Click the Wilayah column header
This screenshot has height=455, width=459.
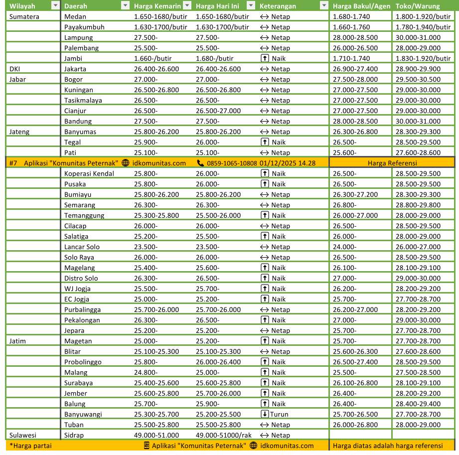[x=22, y=6]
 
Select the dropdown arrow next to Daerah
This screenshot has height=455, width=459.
[x=125, y=6]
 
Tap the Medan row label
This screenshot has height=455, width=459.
[x=75, y=16]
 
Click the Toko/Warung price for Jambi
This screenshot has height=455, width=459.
[x=418, y=58]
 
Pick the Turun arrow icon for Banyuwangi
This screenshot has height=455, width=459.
[x=265, y=414]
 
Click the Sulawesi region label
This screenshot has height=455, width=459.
[x=23, y=435]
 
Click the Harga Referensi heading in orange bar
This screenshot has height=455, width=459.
[x=392, y=163]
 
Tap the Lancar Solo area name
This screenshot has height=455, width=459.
[x=82, y=247]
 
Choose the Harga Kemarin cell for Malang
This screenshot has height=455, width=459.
[x=146, y=372]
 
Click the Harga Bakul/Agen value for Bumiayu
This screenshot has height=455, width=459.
[x=355, y=194]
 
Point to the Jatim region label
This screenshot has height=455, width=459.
[x=18, y=341]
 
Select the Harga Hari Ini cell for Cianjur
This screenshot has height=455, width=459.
[x=218, y=111]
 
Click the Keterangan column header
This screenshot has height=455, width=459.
[x=278, y=6]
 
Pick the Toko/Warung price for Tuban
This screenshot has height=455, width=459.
[x=418, y=425]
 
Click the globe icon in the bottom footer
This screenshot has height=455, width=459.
[x=254, y=446]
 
